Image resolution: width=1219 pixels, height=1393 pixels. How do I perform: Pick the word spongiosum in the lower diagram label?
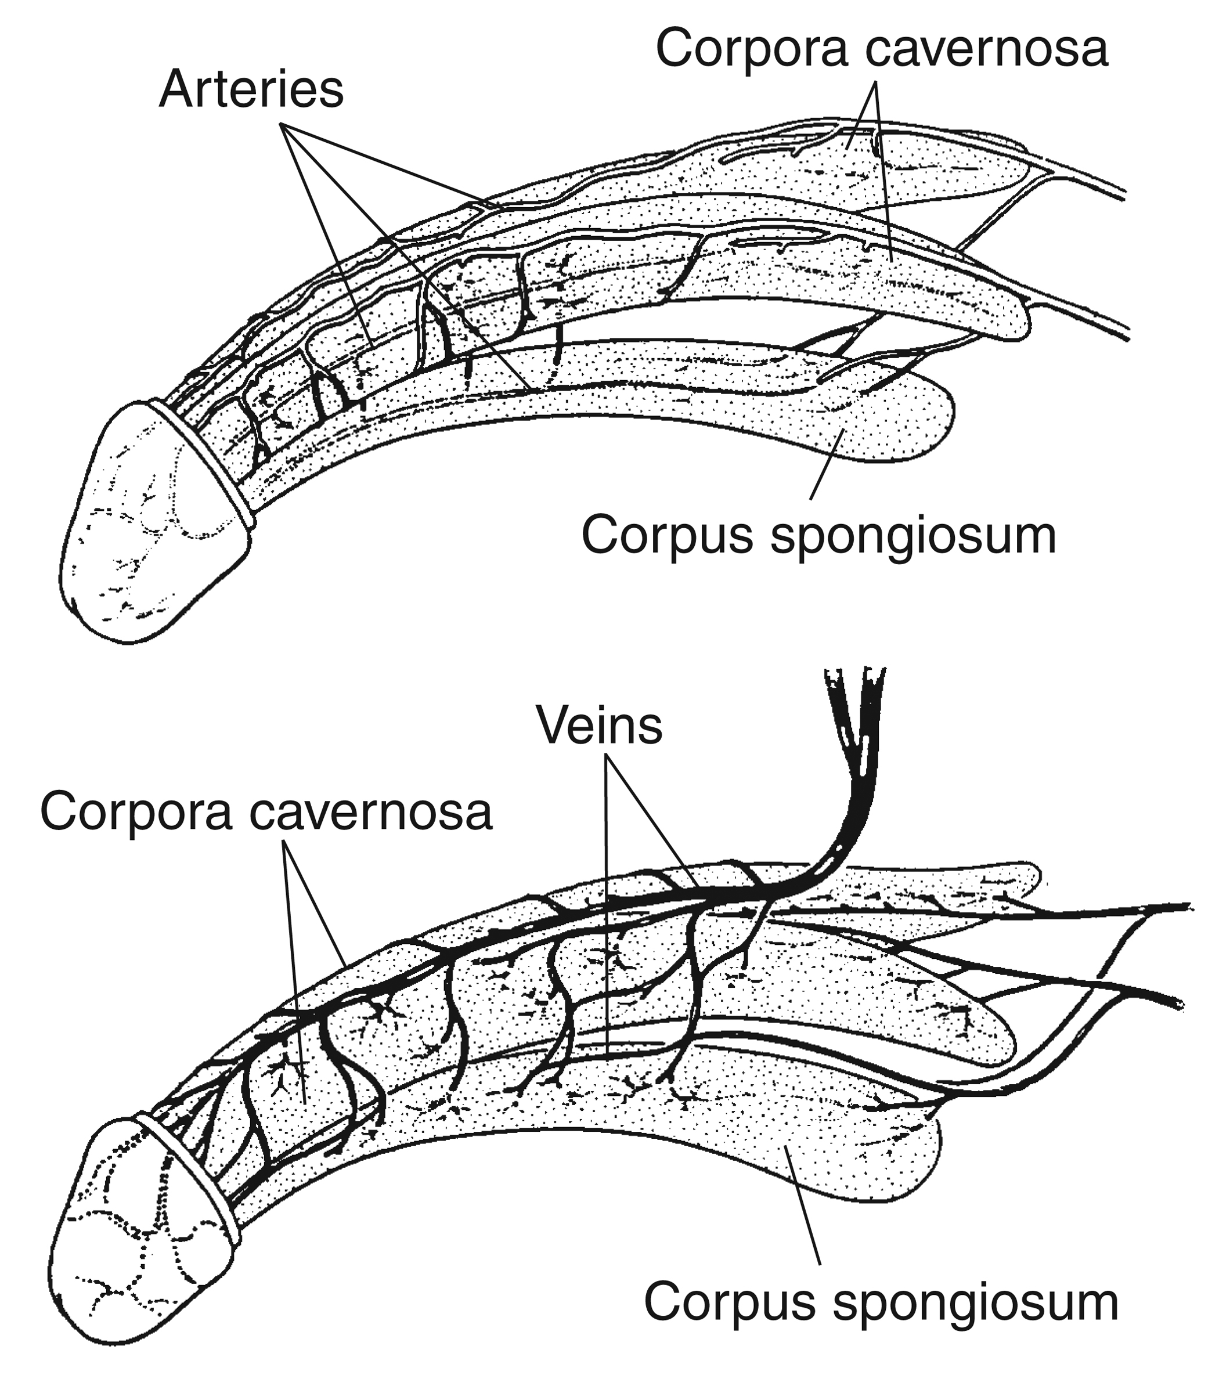coord(978,1304)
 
